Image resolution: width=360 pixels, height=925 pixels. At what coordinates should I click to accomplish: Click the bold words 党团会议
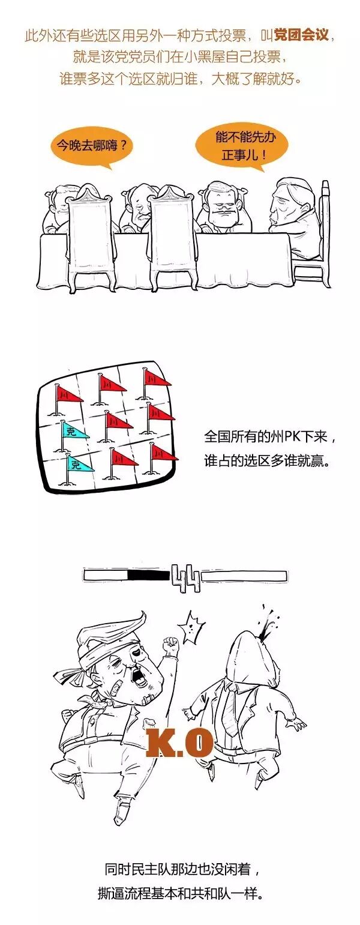point(301,35)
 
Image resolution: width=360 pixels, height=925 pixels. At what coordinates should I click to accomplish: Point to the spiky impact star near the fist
point(191,630)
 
